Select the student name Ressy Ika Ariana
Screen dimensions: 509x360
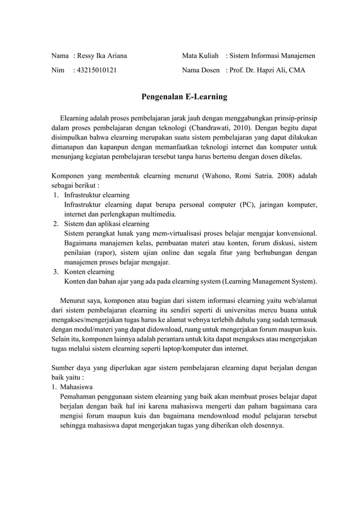click(x=102, y=56)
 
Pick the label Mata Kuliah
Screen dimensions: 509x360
click(x=200, y=56)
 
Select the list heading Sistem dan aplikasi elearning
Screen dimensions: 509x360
click(x=107, y=224)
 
